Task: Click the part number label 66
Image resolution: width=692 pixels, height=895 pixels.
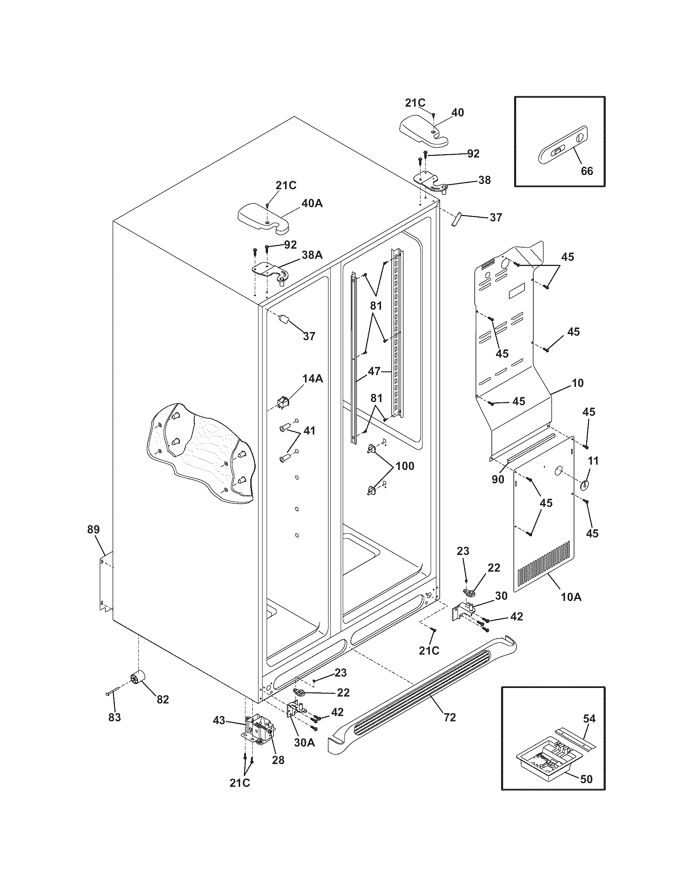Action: coord(587,171)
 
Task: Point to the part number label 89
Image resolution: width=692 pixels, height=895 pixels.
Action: coord(94,529)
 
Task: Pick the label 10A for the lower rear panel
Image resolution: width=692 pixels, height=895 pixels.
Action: coord(571,597)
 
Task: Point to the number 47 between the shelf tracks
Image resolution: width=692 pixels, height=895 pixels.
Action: coord(374,372)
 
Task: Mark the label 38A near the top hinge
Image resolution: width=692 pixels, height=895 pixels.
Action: coord(312,255)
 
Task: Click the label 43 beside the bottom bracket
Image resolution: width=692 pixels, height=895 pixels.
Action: coord(219,720)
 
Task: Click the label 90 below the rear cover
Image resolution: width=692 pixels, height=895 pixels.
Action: coord(498,480)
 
